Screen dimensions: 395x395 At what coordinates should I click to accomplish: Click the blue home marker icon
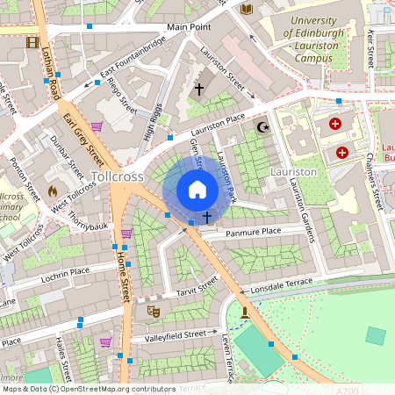(x=197, y=190)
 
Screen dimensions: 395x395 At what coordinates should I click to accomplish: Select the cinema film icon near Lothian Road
(x=32, y=42)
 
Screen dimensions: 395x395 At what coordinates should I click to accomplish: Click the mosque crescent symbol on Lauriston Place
(x=260, y=128)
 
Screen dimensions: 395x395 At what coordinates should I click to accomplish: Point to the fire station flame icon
(x=52, y=190)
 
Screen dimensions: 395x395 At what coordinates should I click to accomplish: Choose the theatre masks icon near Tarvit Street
(x=154, y=310)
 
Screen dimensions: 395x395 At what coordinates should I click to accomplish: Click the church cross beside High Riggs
(x=198, y=89)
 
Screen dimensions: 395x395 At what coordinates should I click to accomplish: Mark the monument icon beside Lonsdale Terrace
(x=245, y=311)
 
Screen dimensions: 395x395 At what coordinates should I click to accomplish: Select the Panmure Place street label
(x=253, y=231)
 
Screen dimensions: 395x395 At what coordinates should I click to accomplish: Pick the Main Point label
(x=189, y=28)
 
